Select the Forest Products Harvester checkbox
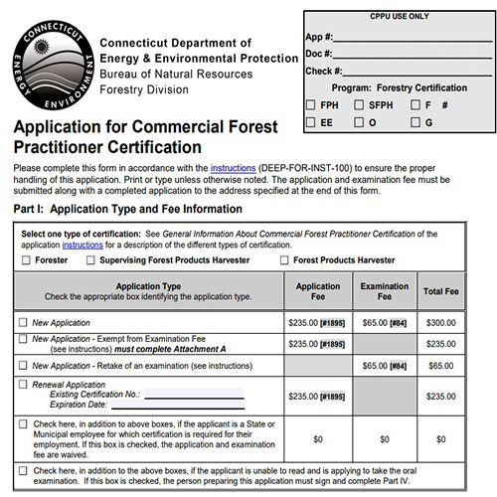click(x=284, y=260)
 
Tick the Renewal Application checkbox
click(x=24, y=383)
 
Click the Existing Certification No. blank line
click(x=194, y=396)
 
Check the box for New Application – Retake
click(x=24, y=366)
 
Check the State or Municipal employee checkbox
click(x=24, y=423)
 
